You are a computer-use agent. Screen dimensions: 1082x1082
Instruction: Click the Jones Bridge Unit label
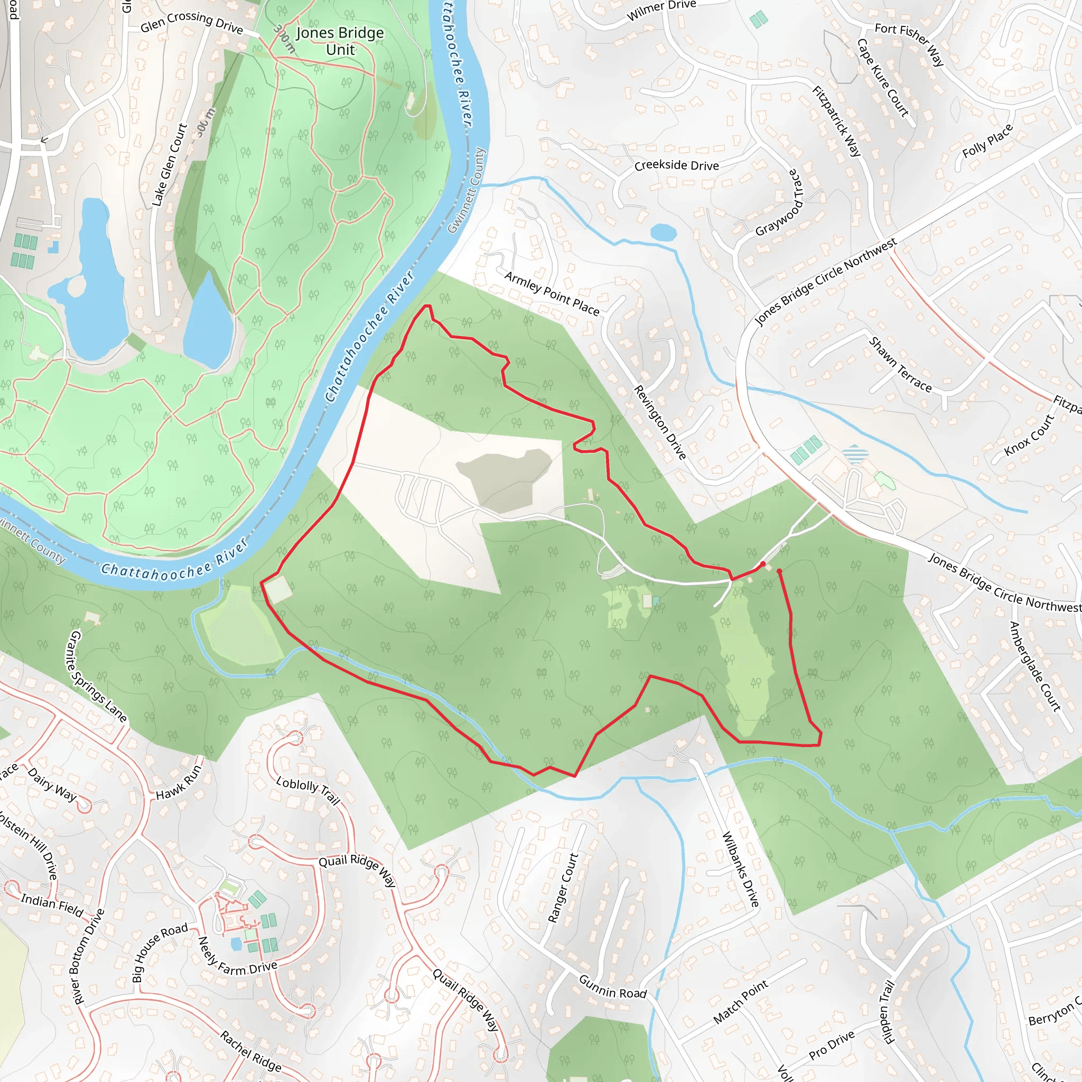[340, 41]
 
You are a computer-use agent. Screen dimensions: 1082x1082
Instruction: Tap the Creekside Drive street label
[677, 166]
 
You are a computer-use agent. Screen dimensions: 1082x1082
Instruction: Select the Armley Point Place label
[552, 293]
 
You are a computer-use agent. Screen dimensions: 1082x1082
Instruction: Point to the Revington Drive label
[660, 423]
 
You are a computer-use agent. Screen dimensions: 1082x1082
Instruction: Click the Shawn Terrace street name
[900, 365]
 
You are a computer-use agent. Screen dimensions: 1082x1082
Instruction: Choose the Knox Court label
[1029, 435]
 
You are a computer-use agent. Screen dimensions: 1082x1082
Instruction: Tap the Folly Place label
[987, 141]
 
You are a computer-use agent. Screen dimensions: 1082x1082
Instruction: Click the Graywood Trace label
[780, 203]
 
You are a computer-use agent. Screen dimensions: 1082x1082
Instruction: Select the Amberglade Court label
[1035, 666]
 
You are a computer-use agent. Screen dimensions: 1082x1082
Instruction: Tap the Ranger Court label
[562, 888]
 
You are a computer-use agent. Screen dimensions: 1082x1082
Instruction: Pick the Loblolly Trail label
[308, 790]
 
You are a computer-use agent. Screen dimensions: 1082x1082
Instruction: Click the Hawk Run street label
[178, 783]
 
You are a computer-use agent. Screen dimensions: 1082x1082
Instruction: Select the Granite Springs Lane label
[99, 676]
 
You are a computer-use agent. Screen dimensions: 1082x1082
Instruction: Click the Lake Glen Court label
[169, 165]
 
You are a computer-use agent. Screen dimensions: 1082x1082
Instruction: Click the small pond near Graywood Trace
[664, 232]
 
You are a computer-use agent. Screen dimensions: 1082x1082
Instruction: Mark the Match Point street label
[740, 1003]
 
